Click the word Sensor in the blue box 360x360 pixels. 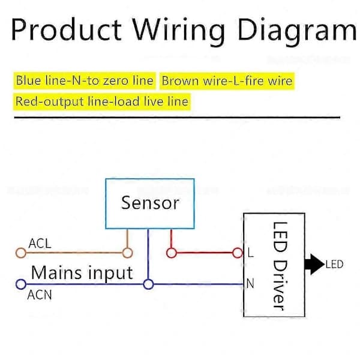pos(150,203)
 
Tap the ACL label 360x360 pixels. pos(40,244)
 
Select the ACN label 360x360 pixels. pos(40,295)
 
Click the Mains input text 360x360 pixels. pos(82,273)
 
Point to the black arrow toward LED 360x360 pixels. pos(314,264)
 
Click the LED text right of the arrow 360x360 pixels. pos(334,265)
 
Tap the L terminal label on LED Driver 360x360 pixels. pos(251,253)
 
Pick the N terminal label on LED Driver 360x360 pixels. pos(250,284)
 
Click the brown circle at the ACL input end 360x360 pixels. pos(21,253)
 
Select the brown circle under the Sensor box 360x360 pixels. pos(127,253)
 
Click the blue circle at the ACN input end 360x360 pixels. pos(21,284)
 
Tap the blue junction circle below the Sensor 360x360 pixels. pos(148,284)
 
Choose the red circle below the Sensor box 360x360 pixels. pos(171,253)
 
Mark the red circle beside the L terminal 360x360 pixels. pos(238,253)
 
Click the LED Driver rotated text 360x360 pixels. pos(280,266)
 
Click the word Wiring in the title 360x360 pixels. pos(179,31)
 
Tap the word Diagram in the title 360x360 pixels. pos(297,31)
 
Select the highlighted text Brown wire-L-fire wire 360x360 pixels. pos(227,81)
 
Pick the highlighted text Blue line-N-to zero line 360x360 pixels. pos(85,80)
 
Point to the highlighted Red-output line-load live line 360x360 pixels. pos(102,101)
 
